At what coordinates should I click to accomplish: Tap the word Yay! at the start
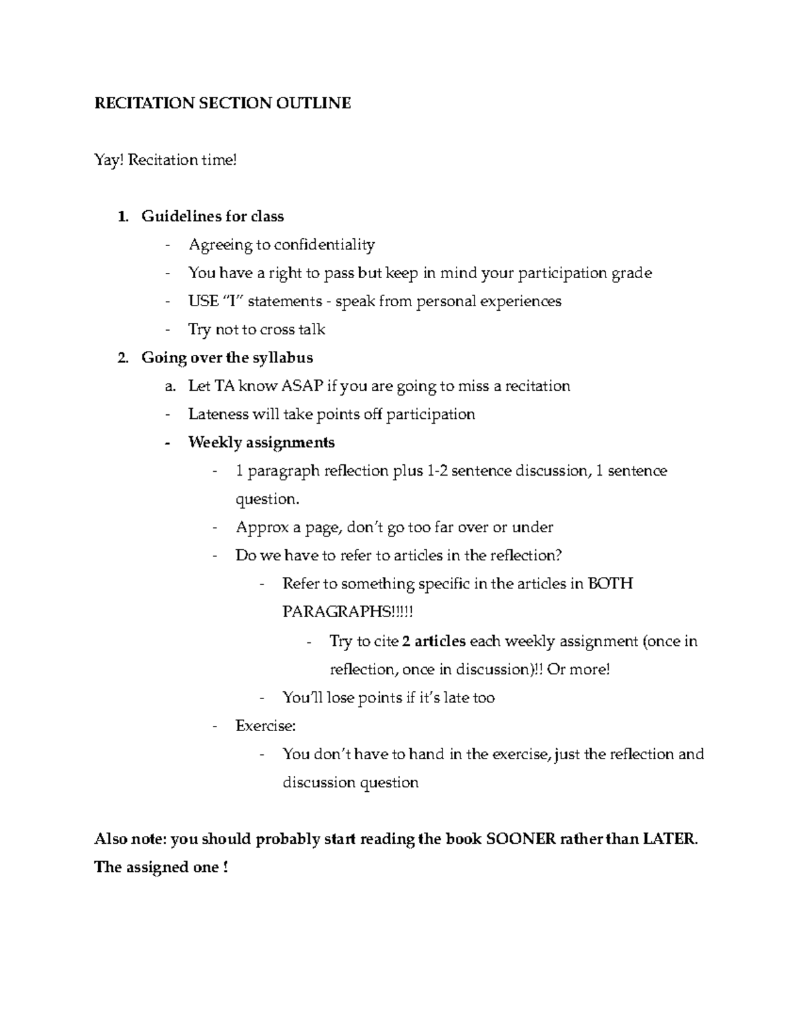pos(109,160)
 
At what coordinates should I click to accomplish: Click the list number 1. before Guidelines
pos(121,216)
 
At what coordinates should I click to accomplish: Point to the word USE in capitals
pos(203,301)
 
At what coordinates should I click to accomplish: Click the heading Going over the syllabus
pos(227,358)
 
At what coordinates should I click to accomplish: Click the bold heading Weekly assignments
pos(262,442)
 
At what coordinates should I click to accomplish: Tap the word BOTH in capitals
pos(611,584)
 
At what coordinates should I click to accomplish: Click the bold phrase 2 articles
pos(434,641)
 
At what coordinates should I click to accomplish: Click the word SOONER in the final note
pos(521,839)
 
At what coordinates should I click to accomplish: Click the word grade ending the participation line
pos(631,273)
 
